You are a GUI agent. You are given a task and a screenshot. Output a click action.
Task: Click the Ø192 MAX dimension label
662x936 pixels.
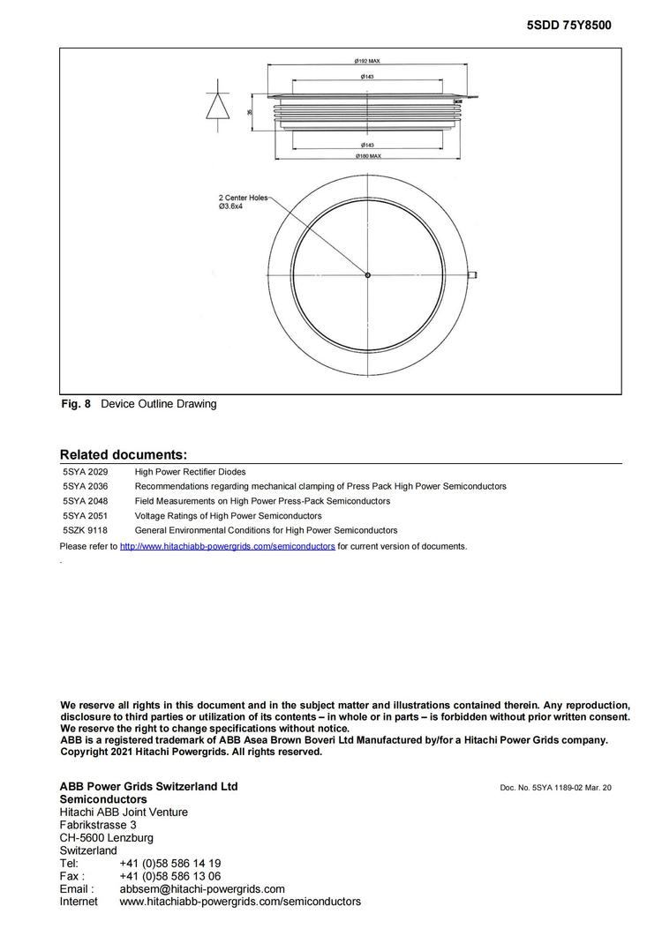pos(366,61)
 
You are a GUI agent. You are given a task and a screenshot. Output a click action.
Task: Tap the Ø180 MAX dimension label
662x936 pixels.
pos(367,156)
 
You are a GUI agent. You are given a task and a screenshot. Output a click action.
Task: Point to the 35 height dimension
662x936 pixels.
pos(250,112)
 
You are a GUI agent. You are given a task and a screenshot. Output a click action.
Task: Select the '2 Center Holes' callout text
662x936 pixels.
pos(243,198)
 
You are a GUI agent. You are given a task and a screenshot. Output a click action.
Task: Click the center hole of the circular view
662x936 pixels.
pos(367,275)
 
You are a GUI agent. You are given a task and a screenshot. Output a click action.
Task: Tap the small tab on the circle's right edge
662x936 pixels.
pos(473,275)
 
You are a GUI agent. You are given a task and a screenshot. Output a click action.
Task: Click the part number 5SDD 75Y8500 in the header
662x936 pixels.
pos(568,26)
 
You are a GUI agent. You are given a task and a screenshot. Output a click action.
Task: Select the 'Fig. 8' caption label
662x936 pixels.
pos(75,404)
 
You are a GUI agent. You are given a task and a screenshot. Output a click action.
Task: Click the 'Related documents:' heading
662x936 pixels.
pos(124,455)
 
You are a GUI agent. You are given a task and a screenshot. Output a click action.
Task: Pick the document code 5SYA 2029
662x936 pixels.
pos(85,472)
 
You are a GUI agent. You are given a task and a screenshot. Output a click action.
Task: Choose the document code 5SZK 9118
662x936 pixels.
pos(85,530)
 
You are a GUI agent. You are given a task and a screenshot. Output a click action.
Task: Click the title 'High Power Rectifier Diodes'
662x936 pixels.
pos(190,472)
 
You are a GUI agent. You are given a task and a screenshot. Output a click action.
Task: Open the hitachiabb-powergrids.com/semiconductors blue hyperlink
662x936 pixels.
pos(227,546)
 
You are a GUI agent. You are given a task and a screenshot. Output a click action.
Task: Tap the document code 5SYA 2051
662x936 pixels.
pos(85,515)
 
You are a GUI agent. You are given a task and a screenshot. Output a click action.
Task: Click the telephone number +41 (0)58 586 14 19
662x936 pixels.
pos(169,864)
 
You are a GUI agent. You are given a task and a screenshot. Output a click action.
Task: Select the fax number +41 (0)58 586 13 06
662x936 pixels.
pos(169,877)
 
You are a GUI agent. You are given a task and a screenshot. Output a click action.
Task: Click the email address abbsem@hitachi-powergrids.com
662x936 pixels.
pos(201,889)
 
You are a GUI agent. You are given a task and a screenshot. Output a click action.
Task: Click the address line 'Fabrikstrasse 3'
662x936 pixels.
pos(98,825)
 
